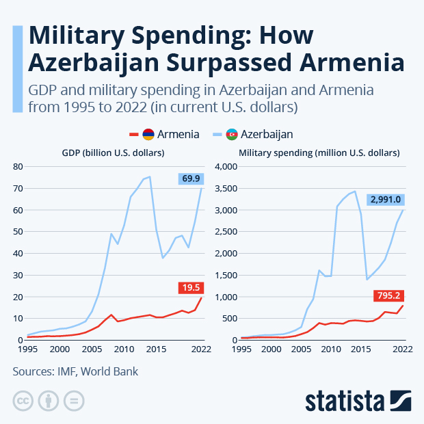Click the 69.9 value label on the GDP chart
coord(192,178)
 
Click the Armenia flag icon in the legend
coord(148,134)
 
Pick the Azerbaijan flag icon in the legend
coord(233,134)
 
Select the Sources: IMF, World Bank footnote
coord(75,372)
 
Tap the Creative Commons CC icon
coord(24,401)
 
